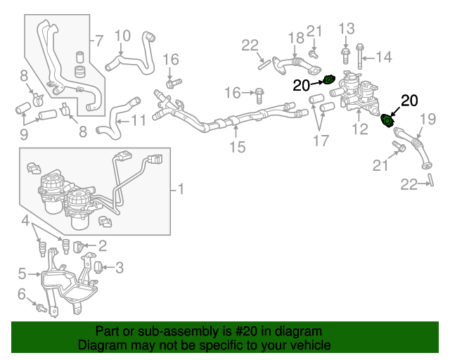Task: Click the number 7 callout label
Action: click(x=99, y=40)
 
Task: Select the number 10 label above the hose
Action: click(x=122, y=35)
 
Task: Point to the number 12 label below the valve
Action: click(x=359, y=129)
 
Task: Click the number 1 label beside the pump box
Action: click(x=181, y=188)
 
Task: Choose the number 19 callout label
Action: click(x=426, y=120)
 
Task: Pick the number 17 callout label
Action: click(x=321, y=141)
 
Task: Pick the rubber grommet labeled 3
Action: click(x=99, y=266)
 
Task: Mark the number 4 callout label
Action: click(x=25, y=222)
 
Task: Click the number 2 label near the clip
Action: click(x=102, y=245)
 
